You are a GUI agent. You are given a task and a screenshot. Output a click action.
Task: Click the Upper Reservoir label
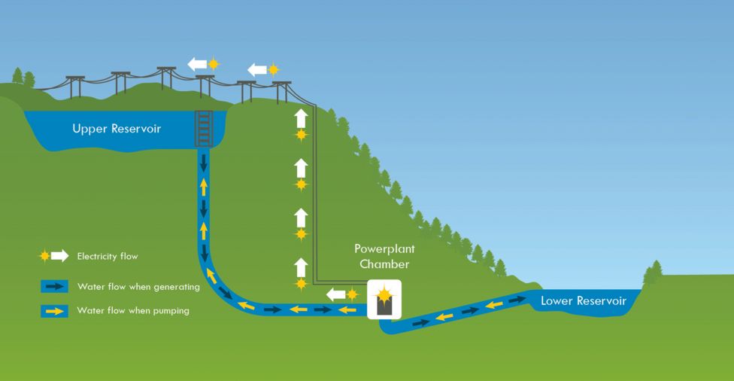click(x=117, y=129)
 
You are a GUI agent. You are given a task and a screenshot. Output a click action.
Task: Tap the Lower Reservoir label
click(x=584, y=301)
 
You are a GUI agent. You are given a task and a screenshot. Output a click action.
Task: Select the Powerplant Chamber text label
click(x=384, y=256)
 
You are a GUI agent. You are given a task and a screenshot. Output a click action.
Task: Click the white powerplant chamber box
click(x=384, y=300)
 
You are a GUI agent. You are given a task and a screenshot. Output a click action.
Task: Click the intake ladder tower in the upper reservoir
click(x=204, y=129)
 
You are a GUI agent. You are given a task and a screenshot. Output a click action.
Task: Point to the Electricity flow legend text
click(x=108, y=256)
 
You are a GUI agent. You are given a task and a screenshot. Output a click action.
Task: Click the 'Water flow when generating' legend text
click(x=138, y=287)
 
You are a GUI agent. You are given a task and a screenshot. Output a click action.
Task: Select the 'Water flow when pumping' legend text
click(x=133, y=310)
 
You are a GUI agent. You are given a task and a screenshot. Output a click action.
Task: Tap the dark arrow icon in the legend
click(x=54, y=286)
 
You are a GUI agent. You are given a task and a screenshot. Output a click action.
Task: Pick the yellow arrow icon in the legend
click(x=54, y=311)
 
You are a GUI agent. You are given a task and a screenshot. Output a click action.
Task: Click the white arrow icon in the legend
click(x=60, y=255)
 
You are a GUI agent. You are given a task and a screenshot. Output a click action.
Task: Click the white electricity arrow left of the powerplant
click(x=335, y=294)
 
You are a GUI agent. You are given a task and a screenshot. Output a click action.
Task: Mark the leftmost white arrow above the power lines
click(x=197, y=64)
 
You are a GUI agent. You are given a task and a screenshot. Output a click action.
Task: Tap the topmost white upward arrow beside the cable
click(x=301, y=118)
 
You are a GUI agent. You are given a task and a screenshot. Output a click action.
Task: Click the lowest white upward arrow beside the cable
click(x=301, y=267)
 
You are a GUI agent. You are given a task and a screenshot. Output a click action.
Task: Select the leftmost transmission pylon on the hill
click(x=75, y=87)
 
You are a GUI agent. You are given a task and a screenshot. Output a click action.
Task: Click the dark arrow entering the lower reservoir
click(x=517, y=300)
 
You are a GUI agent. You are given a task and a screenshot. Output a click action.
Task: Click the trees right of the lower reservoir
click(x=653, y=272)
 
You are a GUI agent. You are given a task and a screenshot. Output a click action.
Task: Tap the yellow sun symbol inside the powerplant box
click(x=384, y=294)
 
